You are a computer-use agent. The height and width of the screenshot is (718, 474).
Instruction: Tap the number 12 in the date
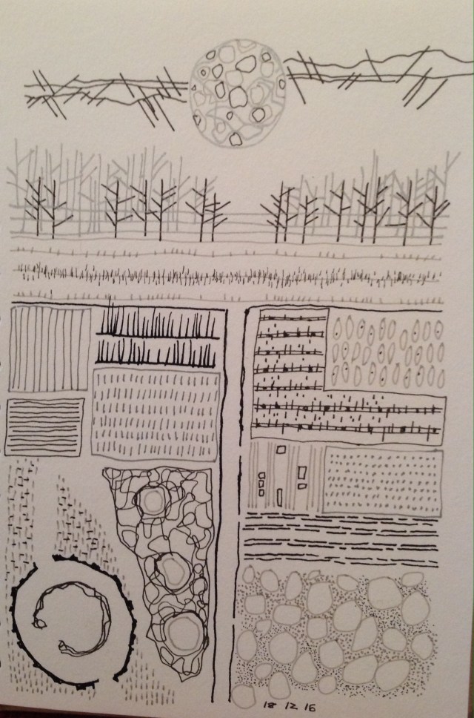[291, 707]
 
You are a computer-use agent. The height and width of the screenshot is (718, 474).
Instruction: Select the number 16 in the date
[310, 708]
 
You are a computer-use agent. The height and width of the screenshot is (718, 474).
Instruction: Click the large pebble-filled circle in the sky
[238, 93]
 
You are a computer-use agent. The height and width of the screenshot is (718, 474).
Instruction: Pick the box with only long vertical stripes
[50, 349]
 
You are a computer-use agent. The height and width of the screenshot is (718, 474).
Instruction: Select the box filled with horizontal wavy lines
[44, 426]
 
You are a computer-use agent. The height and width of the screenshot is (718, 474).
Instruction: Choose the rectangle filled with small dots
[383, 481]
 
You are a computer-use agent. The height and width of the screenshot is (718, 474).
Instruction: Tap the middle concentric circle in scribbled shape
[173, 570]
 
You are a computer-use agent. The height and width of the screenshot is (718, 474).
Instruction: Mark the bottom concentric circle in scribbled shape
[183, 634]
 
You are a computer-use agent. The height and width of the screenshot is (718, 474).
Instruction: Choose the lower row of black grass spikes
[156, 355]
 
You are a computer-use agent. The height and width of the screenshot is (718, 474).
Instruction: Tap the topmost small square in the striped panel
[281, 450]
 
